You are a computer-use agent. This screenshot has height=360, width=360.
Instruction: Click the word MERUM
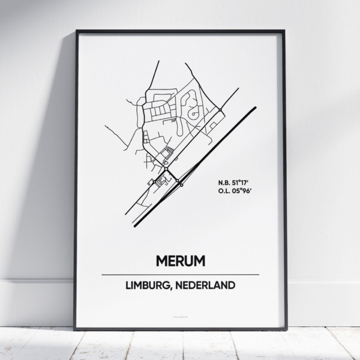coord(179,261)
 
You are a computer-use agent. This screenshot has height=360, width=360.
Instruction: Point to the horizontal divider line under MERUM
coord(180,274)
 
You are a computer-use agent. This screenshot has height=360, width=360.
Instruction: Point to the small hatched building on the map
coord(169,155)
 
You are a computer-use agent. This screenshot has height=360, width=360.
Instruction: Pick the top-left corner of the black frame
coord(77,31)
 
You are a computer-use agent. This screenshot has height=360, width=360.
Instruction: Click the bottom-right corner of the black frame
coord(284,329)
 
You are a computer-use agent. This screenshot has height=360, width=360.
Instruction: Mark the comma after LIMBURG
coord(177,289)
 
